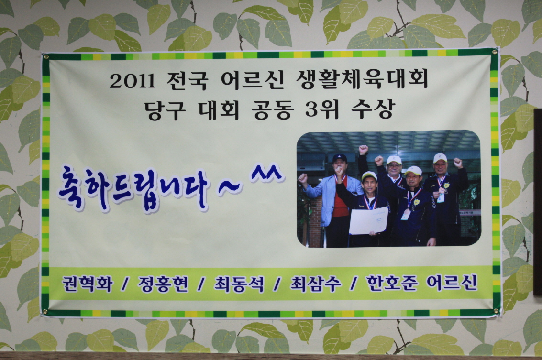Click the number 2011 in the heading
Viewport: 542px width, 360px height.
[133, 82]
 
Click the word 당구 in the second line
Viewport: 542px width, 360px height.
[165, 110]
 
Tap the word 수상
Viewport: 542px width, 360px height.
[372, 109]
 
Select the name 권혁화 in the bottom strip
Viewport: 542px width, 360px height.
[88, 284]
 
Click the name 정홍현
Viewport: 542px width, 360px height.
[163, 284]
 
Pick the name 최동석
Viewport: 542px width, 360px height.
[239, 284]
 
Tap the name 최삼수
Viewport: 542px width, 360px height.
[316, 284]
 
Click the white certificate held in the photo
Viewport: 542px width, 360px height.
[368, 220]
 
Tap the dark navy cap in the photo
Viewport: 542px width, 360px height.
[340, 158]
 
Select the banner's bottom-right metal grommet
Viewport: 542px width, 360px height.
[497, 311]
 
